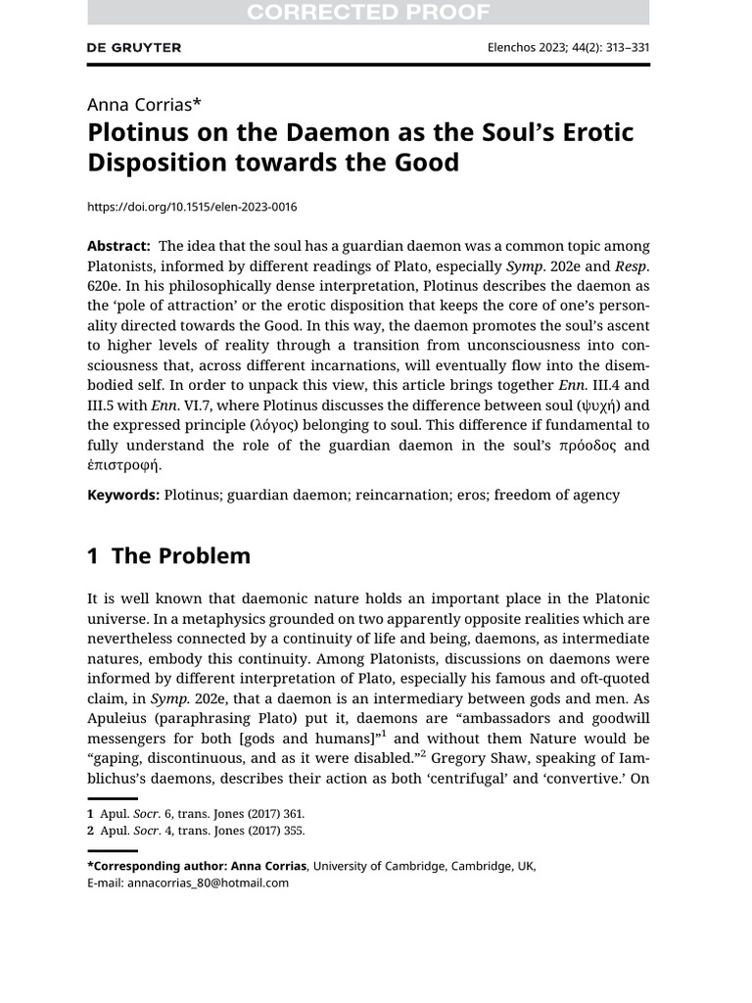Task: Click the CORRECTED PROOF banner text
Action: tap(368, 12)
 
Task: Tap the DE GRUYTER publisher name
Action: tap(134, 47)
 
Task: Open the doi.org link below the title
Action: tap(192, 207)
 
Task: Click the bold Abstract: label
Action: tap(118, 246)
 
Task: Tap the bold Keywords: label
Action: tap(123, 495)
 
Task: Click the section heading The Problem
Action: tap(180, 556)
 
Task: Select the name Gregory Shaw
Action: tap(481, 758)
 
